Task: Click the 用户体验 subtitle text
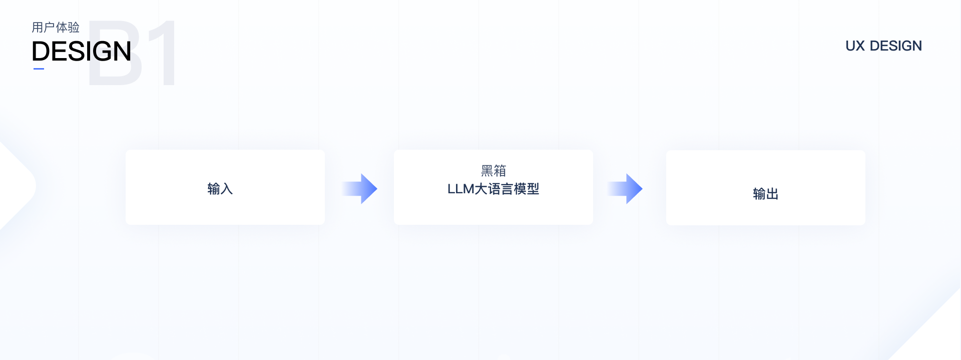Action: [56, 28]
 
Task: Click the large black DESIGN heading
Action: [82, 52]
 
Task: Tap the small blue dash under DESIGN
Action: [39, 69]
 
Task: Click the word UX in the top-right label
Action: [855, 46]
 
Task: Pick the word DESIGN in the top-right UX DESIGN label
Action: [896, 46]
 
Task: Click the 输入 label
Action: [220, 189]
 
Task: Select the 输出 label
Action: [766, 194]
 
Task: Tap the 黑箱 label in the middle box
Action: [494, 171]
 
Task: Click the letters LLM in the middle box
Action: [460, 189]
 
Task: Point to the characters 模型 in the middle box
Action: [527, 189]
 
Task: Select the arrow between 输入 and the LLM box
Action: [359, 189]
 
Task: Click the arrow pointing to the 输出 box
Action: [625, 189]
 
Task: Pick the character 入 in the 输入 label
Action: [227, 189]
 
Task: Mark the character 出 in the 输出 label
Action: [772, 194]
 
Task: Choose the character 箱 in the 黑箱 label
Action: [500, 171]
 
